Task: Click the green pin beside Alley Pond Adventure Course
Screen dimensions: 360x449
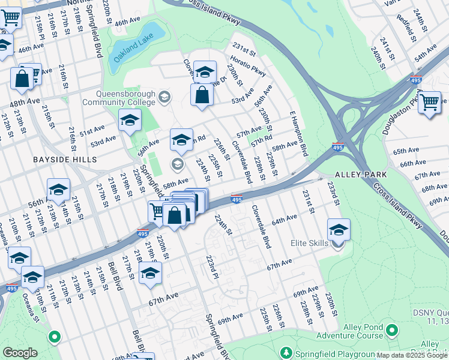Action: [x=392, y=330]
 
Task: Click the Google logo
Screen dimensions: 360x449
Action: [x=20, y=352]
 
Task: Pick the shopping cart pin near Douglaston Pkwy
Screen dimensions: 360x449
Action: [x=430, y=103]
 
